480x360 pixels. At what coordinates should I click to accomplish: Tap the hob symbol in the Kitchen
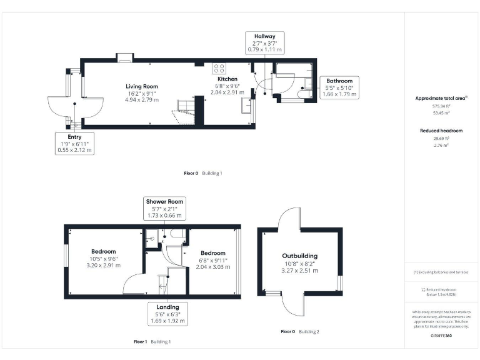[219, 69]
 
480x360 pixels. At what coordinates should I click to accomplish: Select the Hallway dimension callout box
[264, 42]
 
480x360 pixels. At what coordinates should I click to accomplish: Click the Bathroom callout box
[337, 87]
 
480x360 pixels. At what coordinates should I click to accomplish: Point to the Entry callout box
[74, 143]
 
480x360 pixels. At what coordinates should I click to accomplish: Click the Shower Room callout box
[164, 208]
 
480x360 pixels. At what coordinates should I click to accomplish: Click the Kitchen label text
[227, 79]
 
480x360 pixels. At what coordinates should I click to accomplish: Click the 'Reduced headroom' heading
[441, 130]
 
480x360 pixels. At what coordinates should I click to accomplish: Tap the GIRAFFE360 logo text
[441, 336]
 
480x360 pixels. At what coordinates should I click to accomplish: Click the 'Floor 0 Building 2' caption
[299, 331]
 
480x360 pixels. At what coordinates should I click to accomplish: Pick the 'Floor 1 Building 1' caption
[152, 342]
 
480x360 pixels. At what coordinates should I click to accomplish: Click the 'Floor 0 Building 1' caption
[202, 173]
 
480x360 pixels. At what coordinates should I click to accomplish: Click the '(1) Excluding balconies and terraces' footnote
[441, 272]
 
